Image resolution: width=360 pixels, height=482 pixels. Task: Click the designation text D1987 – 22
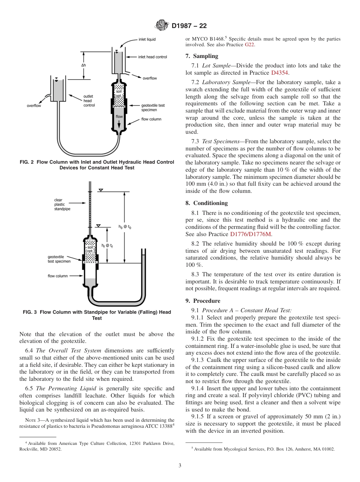189,26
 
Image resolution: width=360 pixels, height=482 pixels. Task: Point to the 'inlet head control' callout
152,57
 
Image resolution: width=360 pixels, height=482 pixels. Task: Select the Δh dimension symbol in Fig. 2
83,65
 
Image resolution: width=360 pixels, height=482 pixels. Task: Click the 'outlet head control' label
89,101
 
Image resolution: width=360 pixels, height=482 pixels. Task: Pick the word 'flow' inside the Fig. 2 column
119,116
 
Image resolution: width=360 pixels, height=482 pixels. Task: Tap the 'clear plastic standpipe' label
62,204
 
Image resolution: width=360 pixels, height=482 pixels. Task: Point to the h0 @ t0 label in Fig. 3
125,227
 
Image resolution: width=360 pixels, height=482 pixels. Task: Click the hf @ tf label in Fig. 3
107,246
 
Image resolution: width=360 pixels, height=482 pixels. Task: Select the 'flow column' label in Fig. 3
58,276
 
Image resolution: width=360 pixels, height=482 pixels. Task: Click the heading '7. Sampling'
202,56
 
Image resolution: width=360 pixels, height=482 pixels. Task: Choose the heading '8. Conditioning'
207,203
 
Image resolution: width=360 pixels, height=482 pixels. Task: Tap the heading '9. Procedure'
203,301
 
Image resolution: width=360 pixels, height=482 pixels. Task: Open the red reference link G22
249,45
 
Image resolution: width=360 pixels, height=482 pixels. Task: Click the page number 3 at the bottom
180,465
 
